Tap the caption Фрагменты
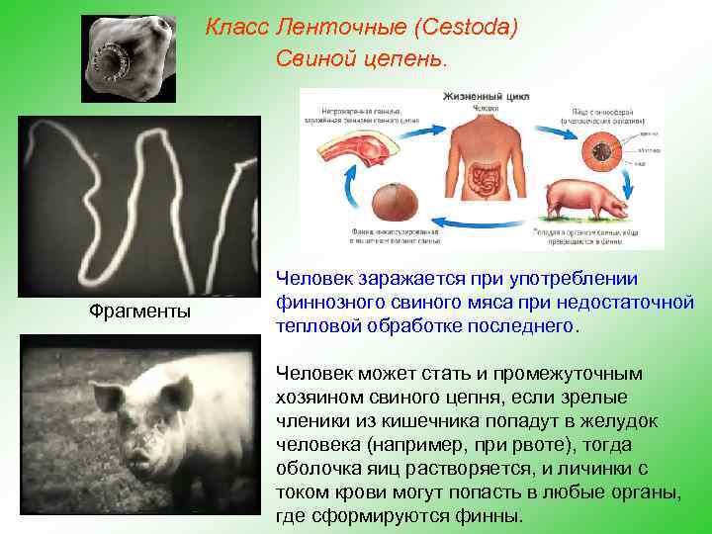[140, 311]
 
